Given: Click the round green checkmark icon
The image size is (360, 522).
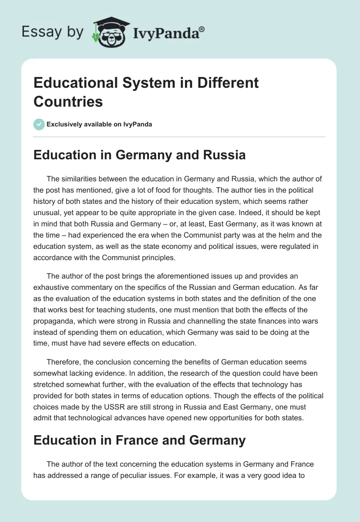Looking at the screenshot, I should click(39, 124).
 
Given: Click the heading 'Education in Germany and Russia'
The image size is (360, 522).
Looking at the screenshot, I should click(139, 155).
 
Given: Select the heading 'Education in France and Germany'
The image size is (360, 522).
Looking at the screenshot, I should click(139, 440).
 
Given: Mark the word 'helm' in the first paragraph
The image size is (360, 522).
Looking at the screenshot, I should click(277, 246).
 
